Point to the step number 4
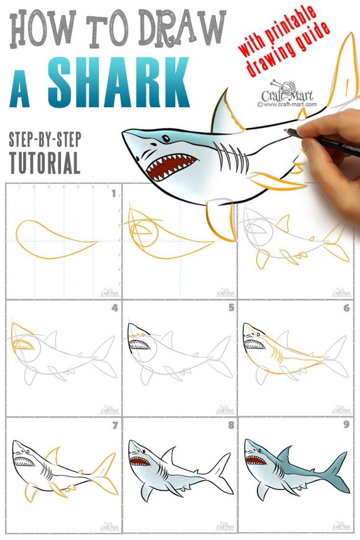[115, 308]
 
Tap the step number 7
[115, 425]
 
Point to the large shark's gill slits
[231, 156]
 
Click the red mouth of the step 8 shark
[138, 460]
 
